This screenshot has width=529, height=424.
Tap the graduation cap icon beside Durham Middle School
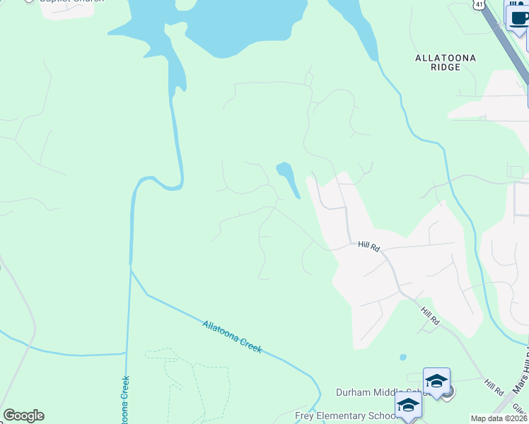coord(436,382)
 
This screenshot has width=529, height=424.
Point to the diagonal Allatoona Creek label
coord(232,336)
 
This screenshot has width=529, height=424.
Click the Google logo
coord(23,416)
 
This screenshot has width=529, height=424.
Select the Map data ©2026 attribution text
coord(499,418)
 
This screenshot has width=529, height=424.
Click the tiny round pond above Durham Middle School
coord(403,357)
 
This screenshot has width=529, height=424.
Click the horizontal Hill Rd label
coord(369,246)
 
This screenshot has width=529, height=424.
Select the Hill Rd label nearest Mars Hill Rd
coord(494,387)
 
